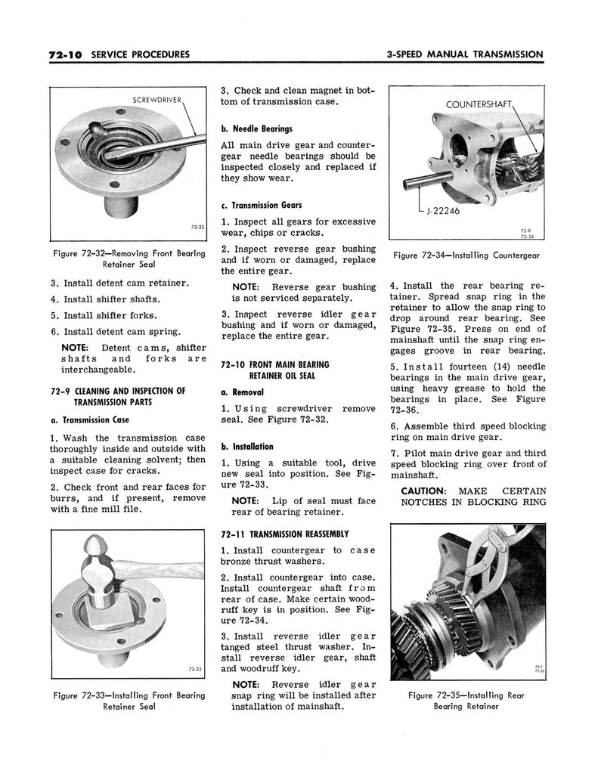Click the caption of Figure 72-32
point(129,259)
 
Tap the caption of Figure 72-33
point(129,701)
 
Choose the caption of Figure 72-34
point(466,255)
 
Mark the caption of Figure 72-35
point(466,701)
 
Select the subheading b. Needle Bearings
point(256,128)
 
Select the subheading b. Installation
point(247,446)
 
